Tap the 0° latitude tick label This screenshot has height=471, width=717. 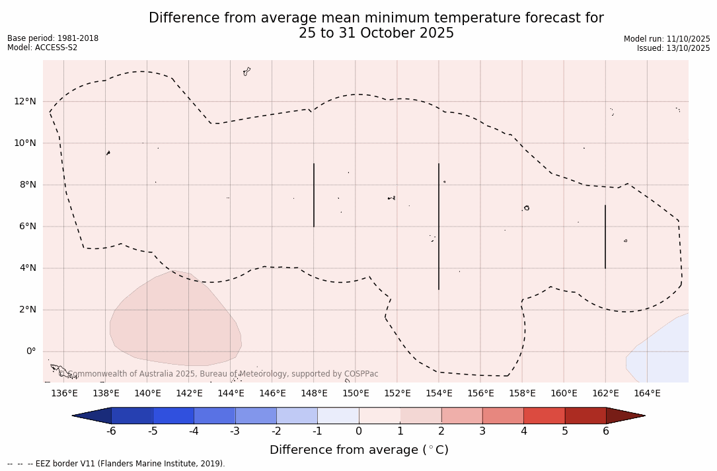30,351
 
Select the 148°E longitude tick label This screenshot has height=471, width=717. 314,394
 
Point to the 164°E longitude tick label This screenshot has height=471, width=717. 647,394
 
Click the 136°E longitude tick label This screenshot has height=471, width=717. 64,394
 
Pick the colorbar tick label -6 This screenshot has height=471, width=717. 111,431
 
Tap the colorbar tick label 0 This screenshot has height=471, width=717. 359,431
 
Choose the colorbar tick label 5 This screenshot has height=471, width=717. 565,431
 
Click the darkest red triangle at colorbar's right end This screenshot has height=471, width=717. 624,416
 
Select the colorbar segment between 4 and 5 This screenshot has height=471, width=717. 544,416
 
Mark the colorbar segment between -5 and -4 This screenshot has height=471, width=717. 173,416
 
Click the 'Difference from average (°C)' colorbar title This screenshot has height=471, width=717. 359,450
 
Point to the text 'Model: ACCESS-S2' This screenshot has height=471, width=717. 42,48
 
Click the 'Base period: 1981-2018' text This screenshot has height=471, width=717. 53,38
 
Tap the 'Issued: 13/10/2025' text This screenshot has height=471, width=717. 673,48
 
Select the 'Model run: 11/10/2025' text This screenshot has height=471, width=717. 667,39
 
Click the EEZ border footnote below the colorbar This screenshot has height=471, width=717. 116,464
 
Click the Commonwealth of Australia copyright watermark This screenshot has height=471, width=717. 219,374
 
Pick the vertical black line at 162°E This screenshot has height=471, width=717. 605,236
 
